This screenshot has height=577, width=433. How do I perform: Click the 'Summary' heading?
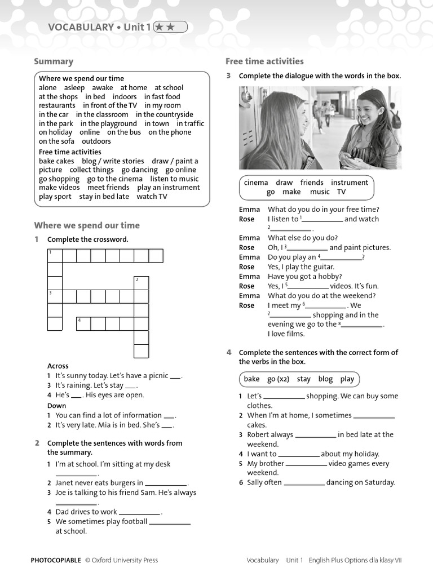[54, 61]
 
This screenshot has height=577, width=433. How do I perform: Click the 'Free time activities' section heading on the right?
[264, 61]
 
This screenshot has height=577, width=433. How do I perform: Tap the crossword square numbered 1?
[55, 256]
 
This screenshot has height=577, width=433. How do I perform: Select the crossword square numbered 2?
[141, 282]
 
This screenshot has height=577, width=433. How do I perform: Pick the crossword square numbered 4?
[83, 323]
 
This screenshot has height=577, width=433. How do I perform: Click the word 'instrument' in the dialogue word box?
[350, 183]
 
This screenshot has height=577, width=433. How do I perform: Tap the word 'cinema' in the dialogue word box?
[256, 183]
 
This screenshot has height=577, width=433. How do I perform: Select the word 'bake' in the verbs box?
[251, 379]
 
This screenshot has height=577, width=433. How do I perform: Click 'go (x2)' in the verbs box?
[278, 379]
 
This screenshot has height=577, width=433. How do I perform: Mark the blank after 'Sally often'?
[304, 483]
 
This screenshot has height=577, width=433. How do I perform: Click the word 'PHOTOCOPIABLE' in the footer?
[56, 560]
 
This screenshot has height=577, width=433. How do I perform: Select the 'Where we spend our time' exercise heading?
[87, 225]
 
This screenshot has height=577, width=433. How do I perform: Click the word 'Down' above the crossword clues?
[56, 405]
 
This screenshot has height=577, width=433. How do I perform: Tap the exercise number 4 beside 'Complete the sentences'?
[229, 352]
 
